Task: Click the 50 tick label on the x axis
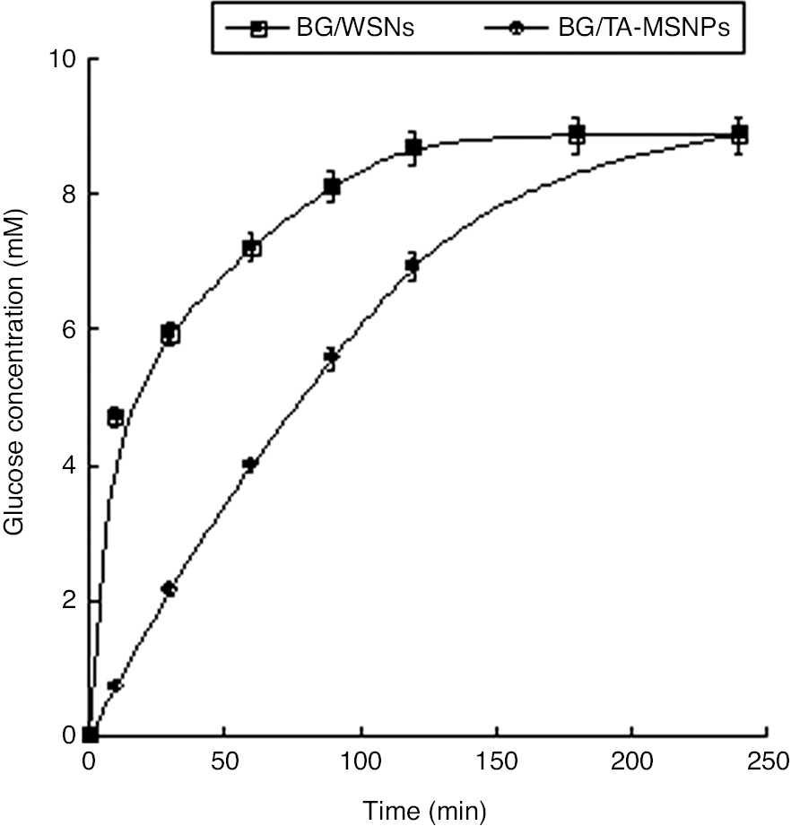tap(224, 762)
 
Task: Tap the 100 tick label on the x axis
tap(360, 762)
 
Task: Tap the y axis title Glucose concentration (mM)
tap(16, 396)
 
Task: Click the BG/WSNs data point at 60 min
tap(252, 248)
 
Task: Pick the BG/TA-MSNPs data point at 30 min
tap(169, 588)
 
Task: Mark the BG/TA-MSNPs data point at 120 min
tap(413, 265)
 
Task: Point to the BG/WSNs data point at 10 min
tap(115, 417)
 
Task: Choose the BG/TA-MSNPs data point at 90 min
tap(332, 358)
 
